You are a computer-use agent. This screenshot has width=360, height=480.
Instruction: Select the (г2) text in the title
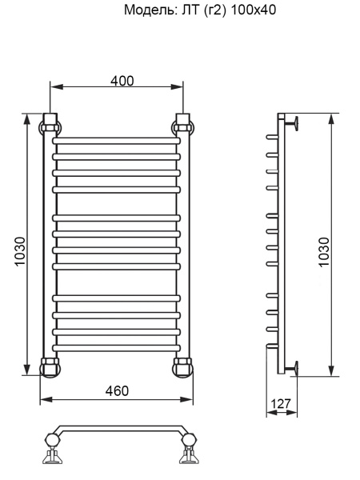pos(209,12)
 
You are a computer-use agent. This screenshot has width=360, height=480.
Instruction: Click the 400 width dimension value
pos(122,81)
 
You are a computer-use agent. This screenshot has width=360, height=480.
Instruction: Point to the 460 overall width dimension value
pos(117,390)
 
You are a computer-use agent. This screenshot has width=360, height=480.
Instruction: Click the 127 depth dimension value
pos(281,403)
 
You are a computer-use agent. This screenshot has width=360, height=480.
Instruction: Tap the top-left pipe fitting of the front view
pos(50,125)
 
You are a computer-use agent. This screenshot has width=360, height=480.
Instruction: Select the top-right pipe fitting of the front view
pos(182,125)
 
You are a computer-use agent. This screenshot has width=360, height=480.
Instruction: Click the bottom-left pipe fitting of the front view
pos(50,367)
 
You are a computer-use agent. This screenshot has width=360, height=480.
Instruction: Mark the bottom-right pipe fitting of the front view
pos(182,367)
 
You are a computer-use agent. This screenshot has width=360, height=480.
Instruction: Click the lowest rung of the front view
pos(117,347)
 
